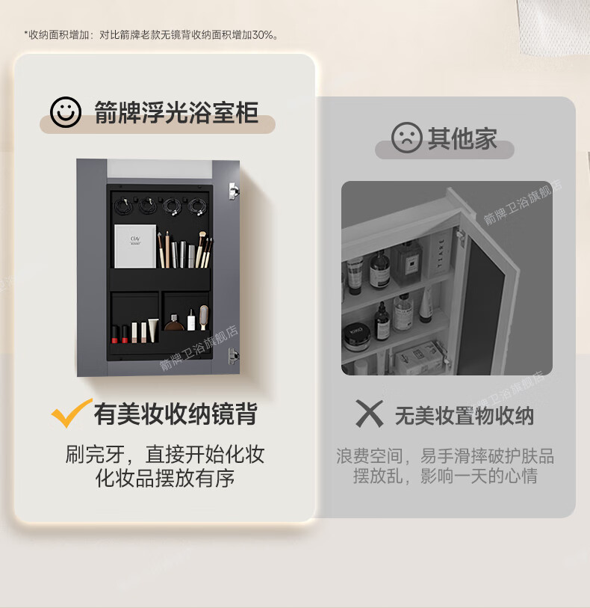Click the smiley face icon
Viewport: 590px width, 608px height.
coord(66,112)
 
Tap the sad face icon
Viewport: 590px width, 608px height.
coord(406,138)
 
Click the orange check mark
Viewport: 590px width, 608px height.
coord(71,414)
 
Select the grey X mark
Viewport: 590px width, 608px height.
coord(370,414)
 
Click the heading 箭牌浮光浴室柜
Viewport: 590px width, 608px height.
coord(176,113)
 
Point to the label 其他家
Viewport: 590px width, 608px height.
coord(462,138)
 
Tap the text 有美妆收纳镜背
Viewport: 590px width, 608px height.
coord(176,414)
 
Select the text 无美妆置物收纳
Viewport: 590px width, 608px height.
coord(465,416)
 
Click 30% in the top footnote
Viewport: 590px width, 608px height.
coord(263,35)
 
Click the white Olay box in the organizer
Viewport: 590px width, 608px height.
coord(135,246)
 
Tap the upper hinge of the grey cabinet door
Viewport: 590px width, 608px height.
coord(234,191)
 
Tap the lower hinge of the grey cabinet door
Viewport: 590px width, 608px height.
coord(233,355)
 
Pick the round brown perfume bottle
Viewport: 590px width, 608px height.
coord(175,323)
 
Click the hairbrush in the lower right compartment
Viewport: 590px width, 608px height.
coord(204,317)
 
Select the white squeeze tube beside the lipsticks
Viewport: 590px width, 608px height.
coord(153,330)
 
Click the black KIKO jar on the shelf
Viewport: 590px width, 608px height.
coord(356,337)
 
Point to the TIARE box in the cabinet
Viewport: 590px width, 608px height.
coord(440,253)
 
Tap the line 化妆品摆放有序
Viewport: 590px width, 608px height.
coord(165,478)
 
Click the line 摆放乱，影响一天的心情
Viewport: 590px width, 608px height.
coord(445,476)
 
